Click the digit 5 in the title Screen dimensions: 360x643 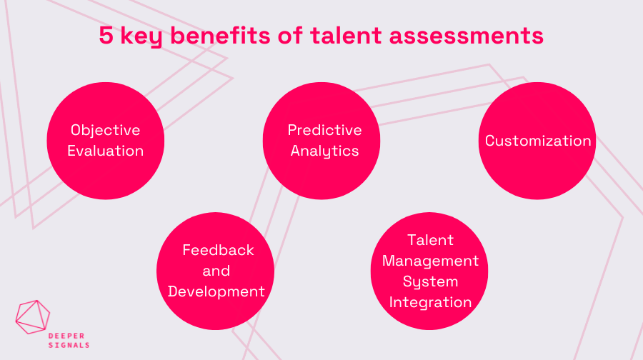(106, 36)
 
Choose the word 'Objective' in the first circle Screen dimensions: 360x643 (105, 130)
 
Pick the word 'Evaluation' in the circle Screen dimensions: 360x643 (105, 151)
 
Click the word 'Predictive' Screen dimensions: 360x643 (324, 130)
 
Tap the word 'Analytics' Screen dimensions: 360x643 (324, 151)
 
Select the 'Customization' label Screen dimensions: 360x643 (538, 141)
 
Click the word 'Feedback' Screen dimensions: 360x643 (218, 250)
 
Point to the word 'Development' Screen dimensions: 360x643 (216, 291)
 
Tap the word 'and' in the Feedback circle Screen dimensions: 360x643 (216, 271)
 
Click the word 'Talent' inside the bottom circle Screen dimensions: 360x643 (430, 240)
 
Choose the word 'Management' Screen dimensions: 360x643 (430, 261)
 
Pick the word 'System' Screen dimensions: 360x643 (430, 281)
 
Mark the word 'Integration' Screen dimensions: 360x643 (430, 302)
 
